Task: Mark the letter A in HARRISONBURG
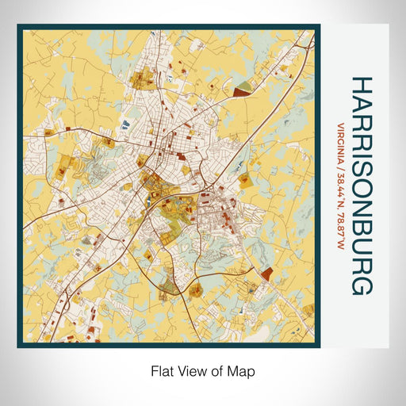pyautogui.click(x=362, y=105)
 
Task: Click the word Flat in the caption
pyautogui.click(x=159, y=370)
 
